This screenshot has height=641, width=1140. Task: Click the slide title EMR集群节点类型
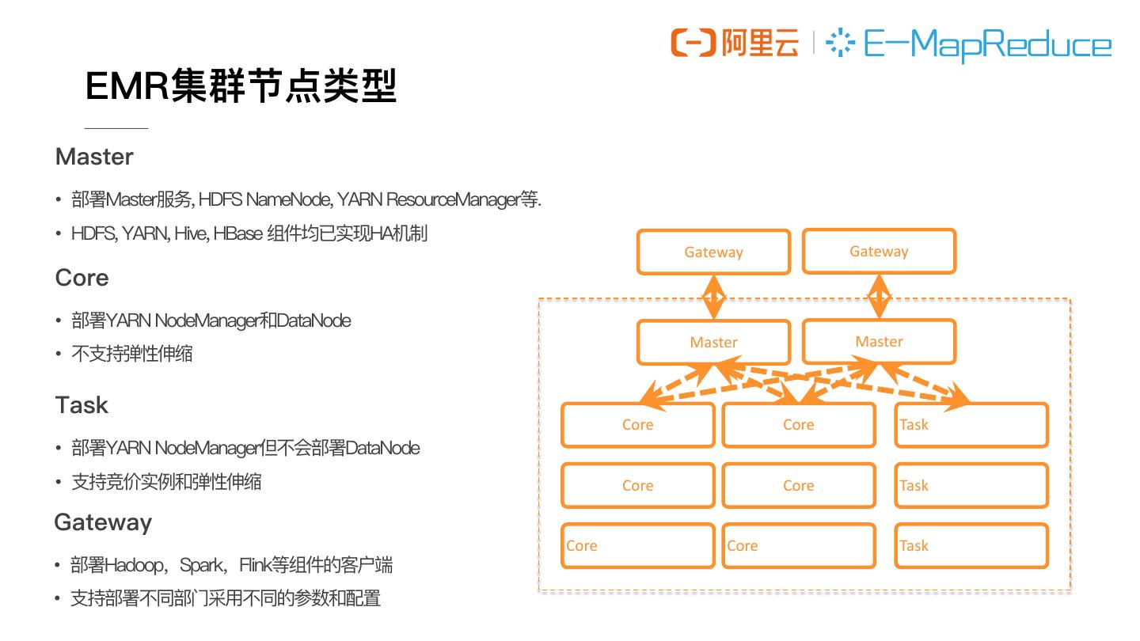[x=241, y=86]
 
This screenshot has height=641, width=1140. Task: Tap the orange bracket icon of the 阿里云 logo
[x=693, y=43]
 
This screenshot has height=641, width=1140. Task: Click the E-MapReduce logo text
[x=986, y=44]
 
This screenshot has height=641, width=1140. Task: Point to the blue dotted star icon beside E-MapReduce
[x=840, y=43]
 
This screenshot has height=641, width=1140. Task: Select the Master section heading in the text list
[x=94, y=157]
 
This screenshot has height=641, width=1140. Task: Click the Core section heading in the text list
[x=82, y=278]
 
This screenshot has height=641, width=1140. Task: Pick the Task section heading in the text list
[x=82, y=405]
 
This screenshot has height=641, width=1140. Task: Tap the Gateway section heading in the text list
[x=103, y=522]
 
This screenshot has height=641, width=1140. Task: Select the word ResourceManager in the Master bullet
[x=454, y=199]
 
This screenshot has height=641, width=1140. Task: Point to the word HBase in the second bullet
[x=237, y=233]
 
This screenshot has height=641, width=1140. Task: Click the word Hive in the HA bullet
[x=188, y=233]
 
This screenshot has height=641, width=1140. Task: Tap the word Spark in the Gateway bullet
[x=200, y=565]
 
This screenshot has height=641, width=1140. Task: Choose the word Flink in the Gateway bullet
[x=255, y=565]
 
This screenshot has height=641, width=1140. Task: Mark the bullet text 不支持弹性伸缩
[x=132, y=354]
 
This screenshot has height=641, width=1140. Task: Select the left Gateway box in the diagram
[x=714, y=252]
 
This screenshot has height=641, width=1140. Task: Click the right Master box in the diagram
[x=879, y=342]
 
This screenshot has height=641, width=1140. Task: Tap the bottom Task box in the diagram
[x=971, y=545]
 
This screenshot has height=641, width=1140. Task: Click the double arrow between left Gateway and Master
[x=714, y=297]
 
